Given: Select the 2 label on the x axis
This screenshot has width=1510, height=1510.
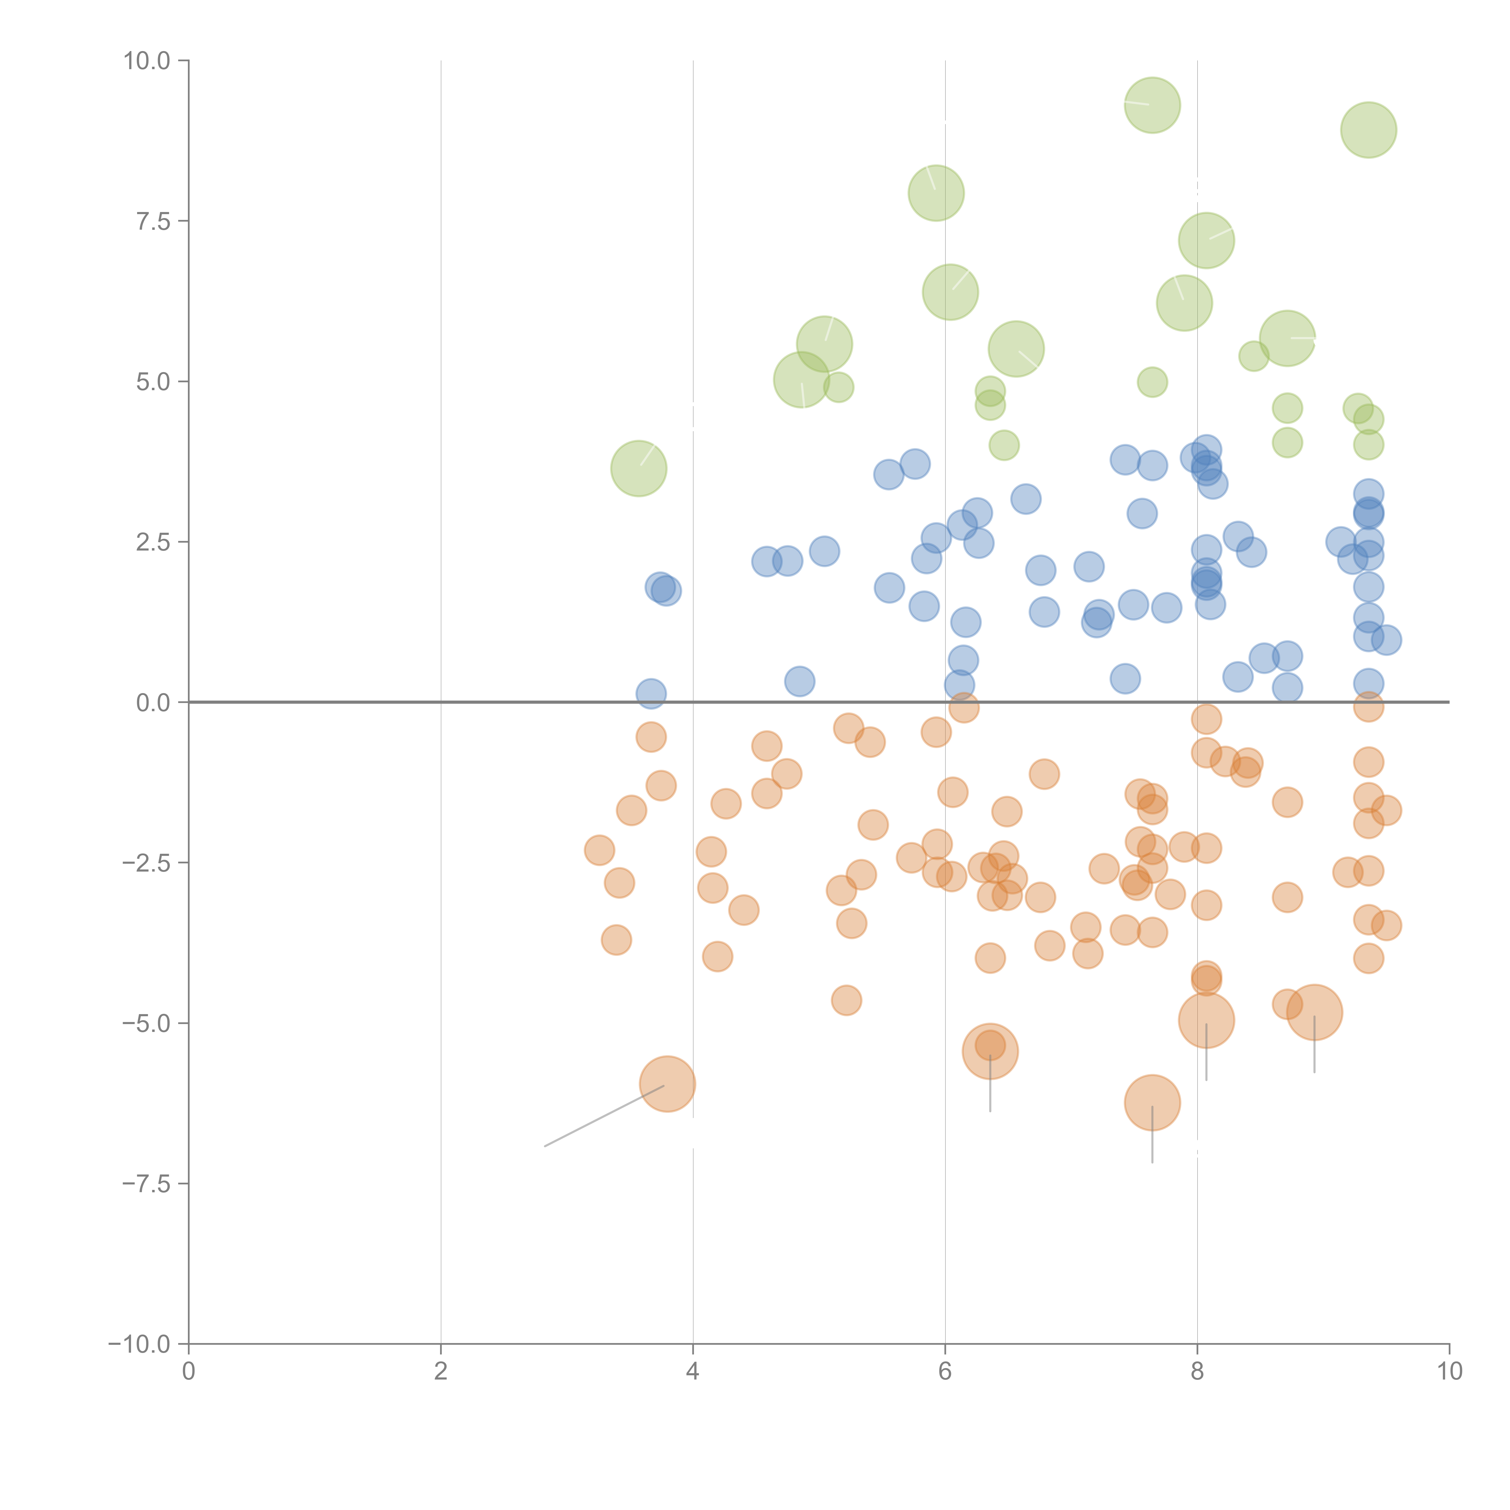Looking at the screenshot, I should point(441,1372).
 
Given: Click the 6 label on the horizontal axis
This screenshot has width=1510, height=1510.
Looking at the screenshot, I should point(945,1372).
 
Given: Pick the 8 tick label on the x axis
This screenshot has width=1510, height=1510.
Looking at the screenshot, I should point(1197,1372).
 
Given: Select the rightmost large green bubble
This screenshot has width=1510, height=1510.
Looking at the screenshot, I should point(1369,130).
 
